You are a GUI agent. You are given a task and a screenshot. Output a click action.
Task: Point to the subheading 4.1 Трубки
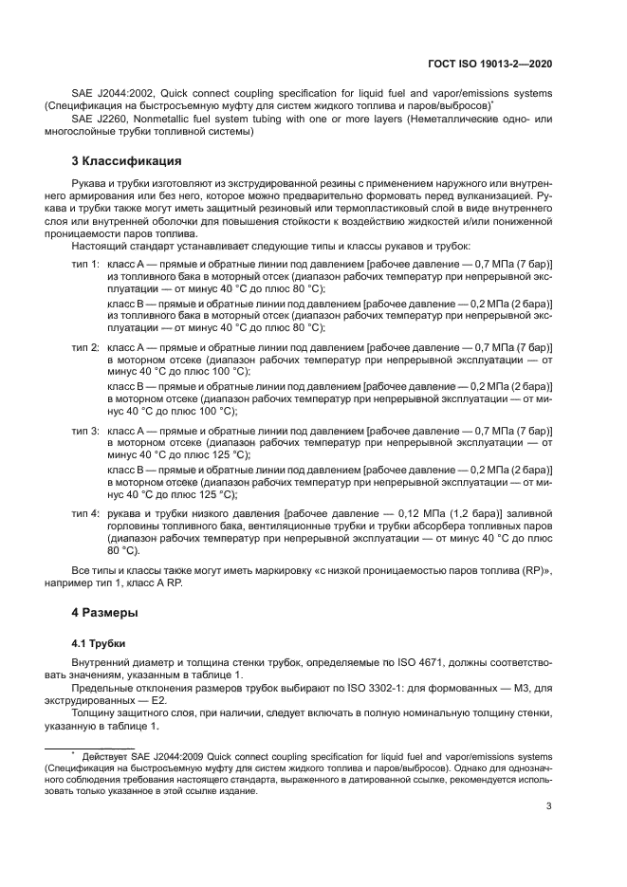(99, 641)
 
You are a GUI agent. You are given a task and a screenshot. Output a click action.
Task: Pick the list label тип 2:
(86, 349)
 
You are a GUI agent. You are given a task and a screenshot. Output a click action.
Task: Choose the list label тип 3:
(86, 431)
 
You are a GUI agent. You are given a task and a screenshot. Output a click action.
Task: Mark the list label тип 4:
(86, 513)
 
